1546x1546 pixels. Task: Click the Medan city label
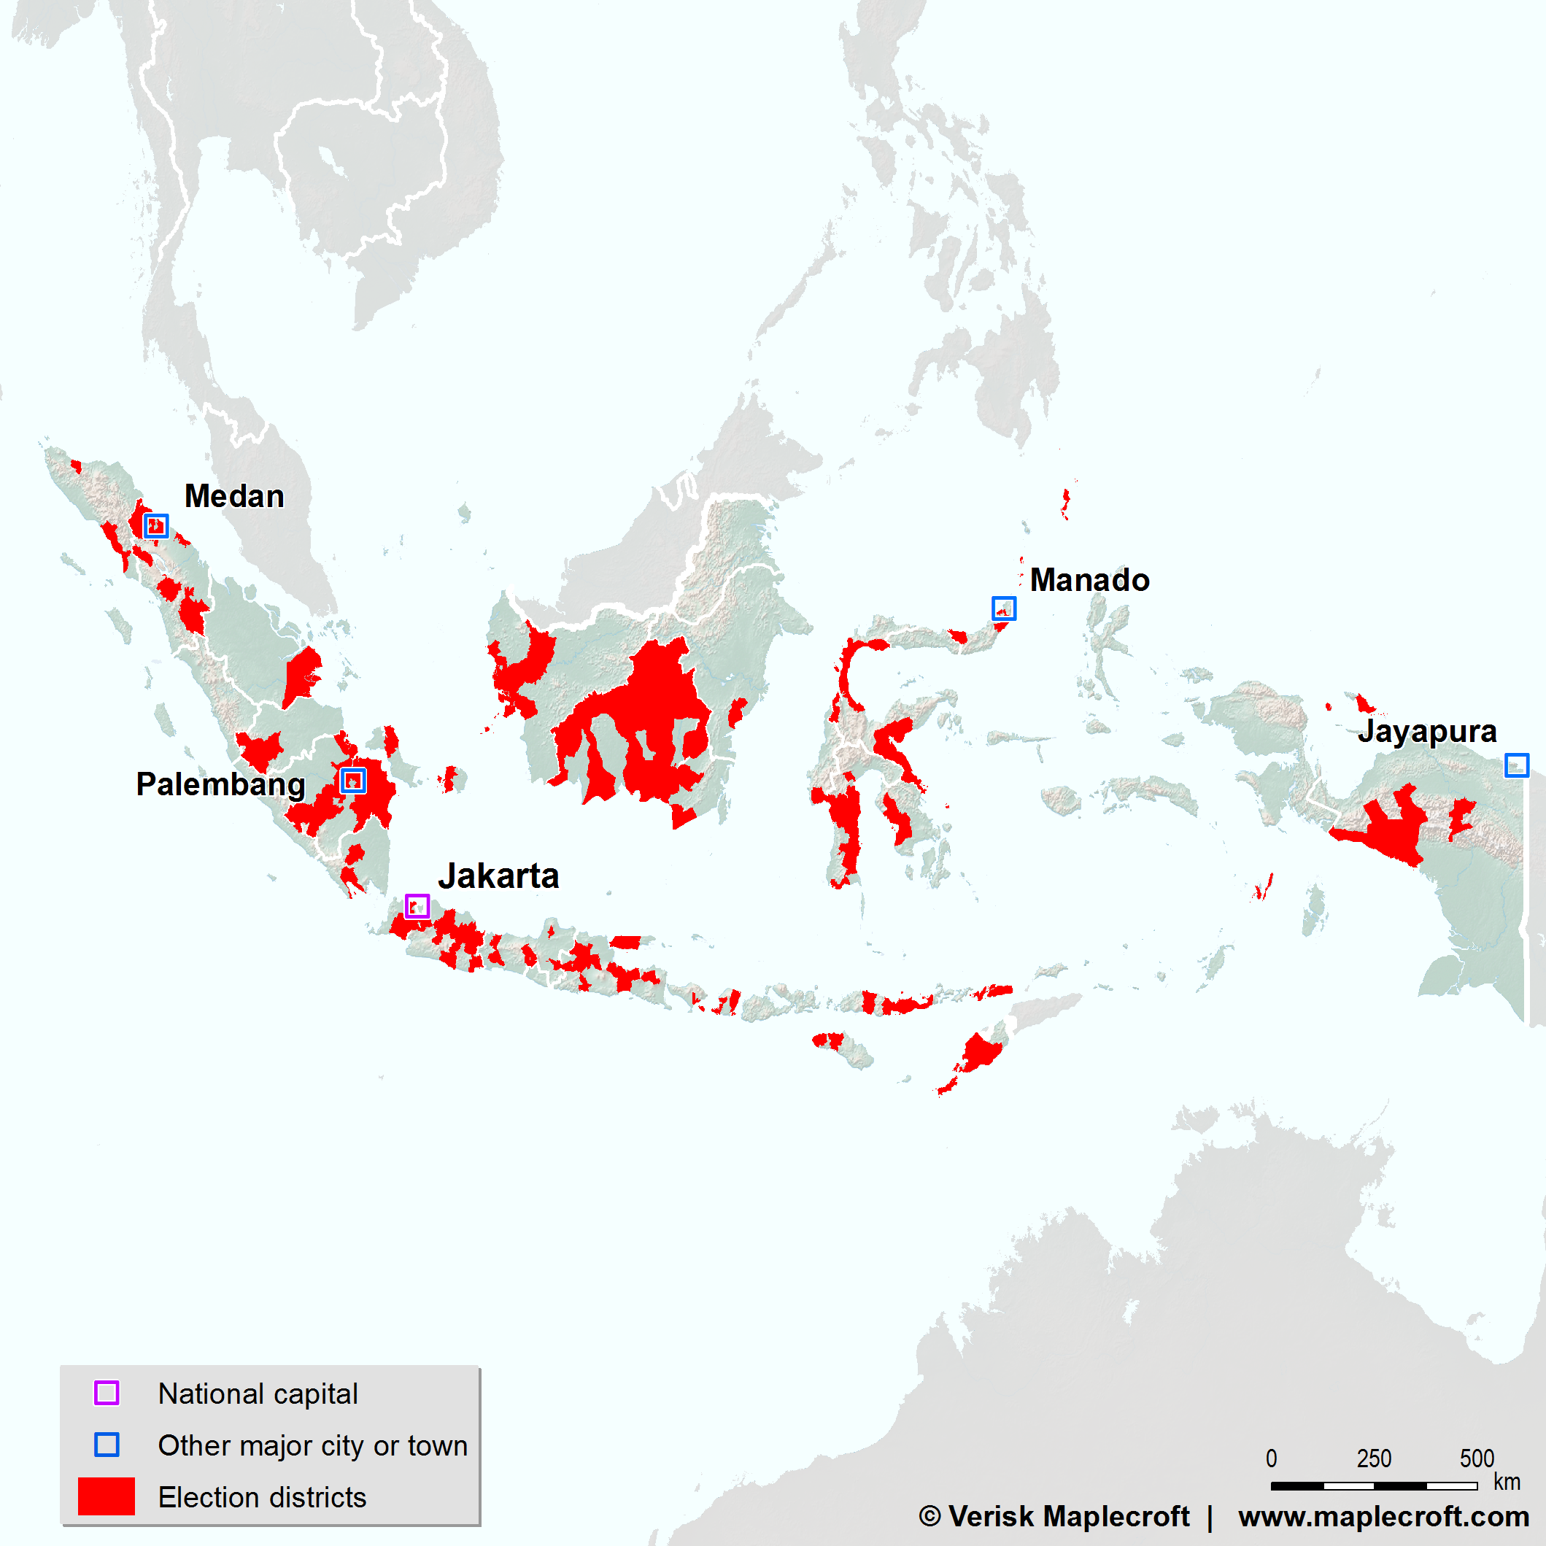[233, 496]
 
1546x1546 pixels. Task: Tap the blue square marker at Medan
[156, 526]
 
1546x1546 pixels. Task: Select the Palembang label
[221, 784]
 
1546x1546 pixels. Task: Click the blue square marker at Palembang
[353, 780]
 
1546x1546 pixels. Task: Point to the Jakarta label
[498, 876]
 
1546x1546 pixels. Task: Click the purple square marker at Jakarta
[417, 907]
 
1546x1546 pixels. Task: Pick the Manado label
[1089, 580]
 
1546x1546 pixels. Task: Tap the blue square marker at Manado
[1003, 608]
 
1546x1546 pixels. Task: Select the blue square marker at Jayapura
[1516, 765]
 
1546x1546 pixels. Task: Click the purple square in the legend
[107, 1394]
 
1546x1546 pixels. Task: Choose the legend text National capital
[258, 1394]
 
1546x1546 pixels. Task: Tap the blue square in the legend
[107, 1445]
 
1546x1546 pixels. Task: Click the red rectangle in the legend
[107, 1496]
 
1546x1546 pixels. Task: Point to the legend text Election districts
[262, 1497]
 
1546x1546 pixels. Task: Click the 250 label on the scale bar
[1374, 1458]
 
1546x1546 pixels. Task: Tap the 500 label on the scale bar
[1477, 1458]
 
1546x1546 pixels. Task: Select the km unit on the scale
[1507, 1482]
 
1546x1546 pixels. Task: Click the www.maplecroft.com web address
[1383, 1516]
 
